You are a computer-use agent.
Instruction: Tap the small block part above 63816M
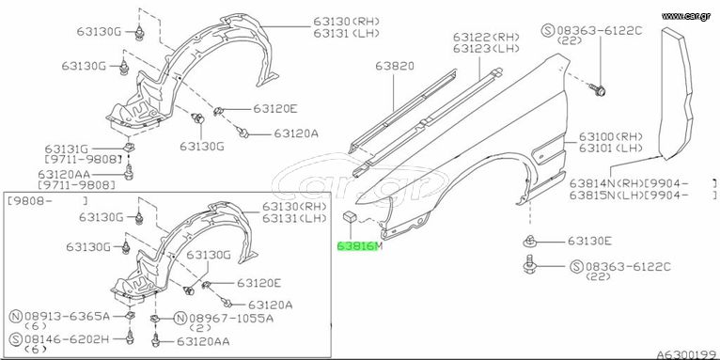click(x=351, y=215)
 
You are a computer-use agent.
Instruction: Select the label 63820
click(x=395, y=66)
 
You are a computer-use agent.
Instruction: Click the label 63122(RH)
click(x=486, y=37)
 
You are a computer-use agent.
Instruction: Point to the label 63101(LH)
click(x=610, y=148)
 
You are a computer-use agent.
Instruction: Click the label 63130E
click(x=589, y=241)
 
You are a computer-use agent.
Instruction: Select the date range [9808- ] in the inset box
click(x=46, y=200)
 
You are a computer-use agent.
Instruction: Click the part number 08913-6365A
click(x=68, y=317)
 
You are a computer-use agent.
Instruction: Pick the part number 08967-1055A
click(x=231, y=318)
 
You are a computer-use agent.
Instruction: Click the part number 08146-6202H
click(x=68, y=340)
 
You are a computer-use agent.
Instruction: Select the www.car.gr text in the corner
click(x=686, y=16)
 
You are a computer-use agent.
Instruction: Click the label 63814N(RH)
click(x=606, y=182)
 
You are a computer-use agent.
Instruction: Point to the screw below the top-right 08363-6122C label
click(x=598, y=90)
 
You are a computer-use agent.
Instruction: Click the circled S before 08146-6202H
click(x=16, y=340)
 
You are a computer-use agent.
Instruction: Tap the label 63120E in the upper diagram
click(x=275, y=109)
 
